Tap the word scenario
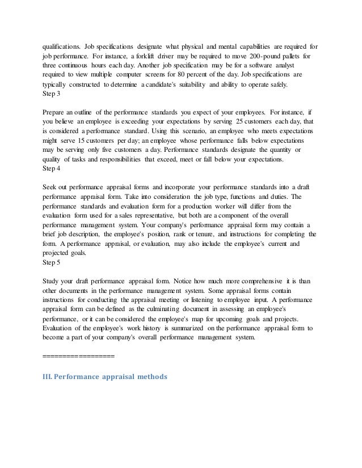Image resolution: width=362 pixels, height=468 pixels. pos(172,130)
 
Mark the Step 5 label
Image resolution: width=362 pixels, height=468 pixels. pos(52,262)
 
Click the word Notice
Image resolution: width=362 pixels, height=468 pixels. pos(190,280)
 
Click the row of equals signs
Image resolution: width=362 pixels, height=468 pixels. pos(78,356)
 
